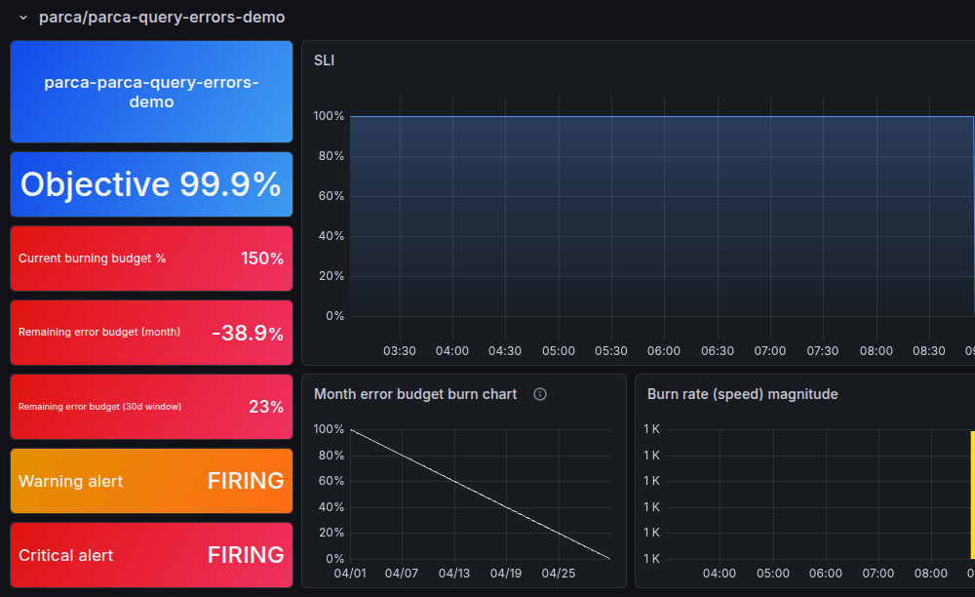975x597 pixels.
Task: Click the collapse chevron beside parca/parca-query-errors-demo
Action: tap(23, 18)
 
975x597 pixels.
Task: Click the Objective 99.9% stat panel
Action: tap(151, 184)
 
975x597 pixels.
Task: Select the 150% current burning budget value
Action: tap(261, 259)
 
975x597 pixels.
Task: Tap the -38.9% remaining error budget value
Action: tap(248, 333)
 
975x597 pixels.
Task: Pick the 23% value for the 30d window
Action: tap(265, 407)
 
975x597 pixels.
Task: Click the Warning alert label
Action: tap(71, 481)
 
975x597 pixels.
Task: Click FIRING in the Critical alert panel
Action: tap(246, 555)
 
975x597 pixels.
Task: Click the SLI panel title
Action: tap(324, 60)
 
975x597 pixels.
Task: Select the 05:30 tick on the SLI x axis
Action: tap(611, 350)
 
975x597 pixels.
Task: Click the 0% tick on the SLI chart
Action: tap(334, 316)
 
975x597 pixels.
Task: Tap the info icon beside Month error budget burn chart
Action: tap(540, 394)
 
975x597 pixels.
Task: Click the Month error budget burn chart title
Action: tap(415, 394)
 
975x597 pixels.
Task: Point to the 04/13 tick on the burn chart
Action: tap(454, 573)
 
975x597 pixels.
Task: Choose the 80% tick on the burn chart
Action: tap(329, 455)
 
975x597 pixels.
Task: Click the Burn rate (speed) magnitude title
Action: tap(742, 394)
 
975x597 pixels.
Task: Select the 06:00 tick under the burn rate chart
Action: tap(826, 573)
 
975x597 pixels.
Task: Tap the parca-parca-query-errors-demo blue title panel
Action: tap(151, 92)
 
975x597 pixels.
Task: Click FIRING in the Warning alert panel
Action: tap(246, 481)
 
